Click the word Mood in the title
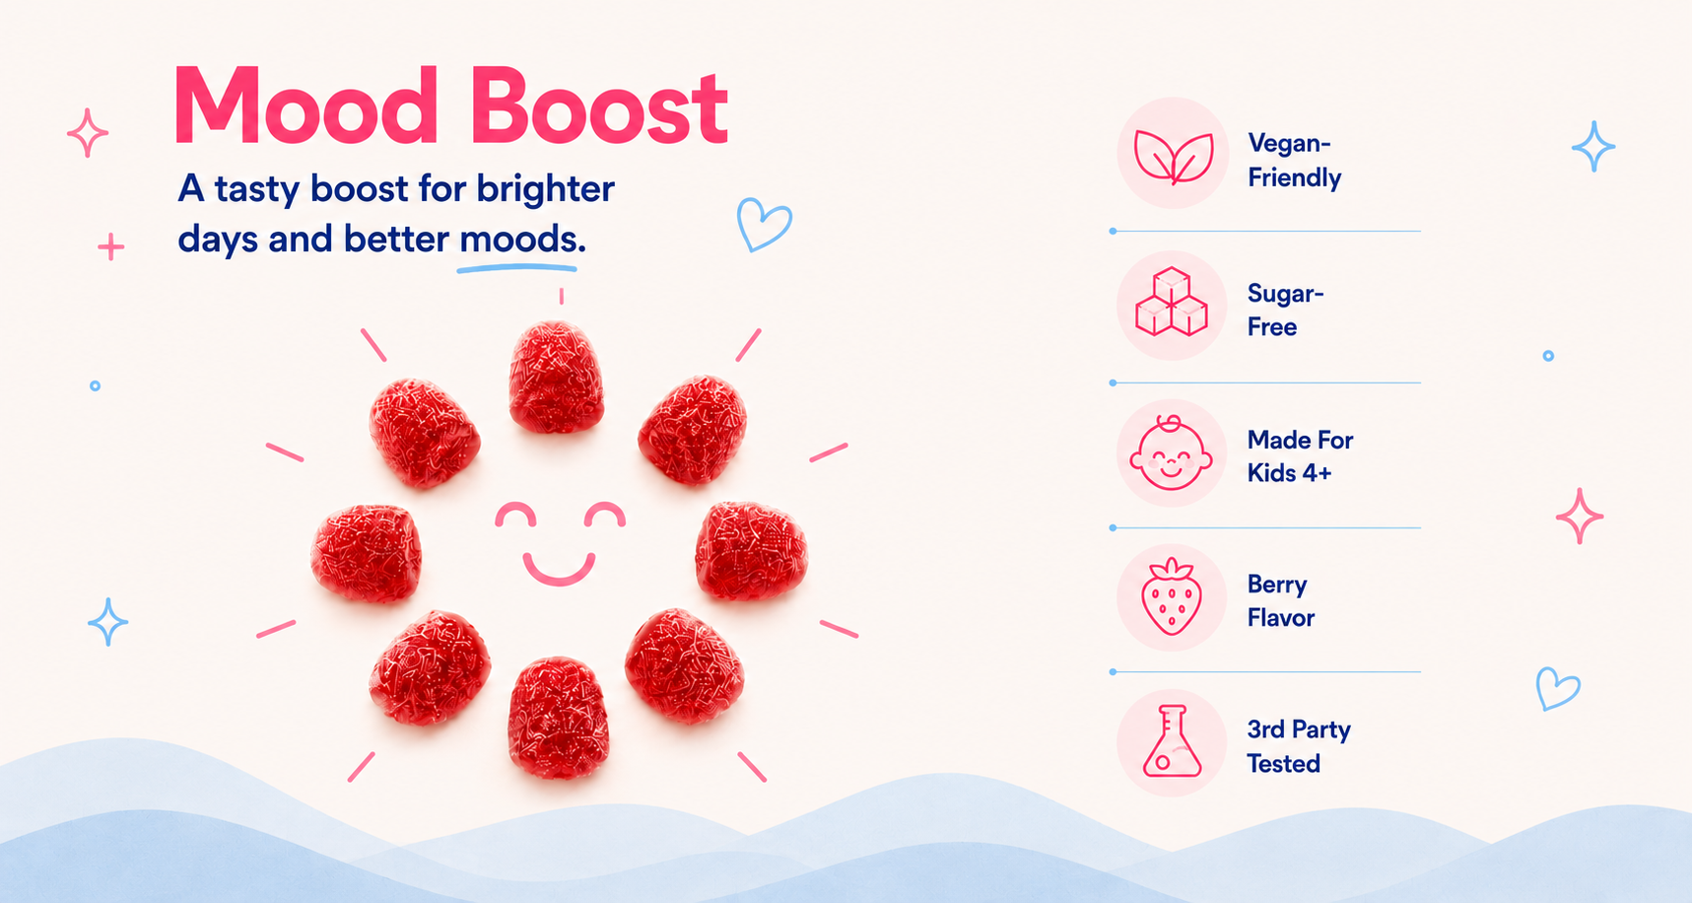click(305, 106)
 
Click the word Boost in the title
click(599, 106)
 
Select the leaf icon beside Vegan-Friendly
click(1173, 156)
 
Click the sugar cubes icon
click(1172, 302)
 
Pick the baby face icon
click(1171, 453)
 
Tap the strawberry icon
click(1171, 596)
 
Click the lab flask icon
click(1172, 740)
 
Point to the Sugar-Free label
click(1285, 310)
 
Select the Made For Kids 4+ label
click(1300, 456)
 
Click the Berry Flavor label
click(1280, 601)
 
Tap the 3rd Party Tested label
click(1298, 746)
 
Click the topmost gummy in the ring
click(557, 378)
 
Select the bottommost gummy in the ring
click(558, 718)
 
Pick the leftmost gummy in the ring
click(366, 553)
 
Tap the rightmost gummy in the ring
click(751, 550)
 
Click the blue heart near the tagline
click(764, 225)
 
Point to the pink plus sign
click(111, 246)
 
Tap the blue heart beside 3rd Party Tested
click(1558, 688)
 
